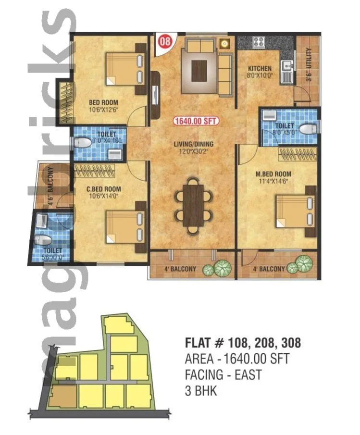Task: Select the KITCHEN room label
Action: coord(259,69)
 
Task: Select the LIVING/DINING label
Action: coord(194,144)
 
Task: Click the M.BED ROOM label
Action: coord(266,174)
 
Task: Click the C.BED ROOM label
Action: coord(103,189)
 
